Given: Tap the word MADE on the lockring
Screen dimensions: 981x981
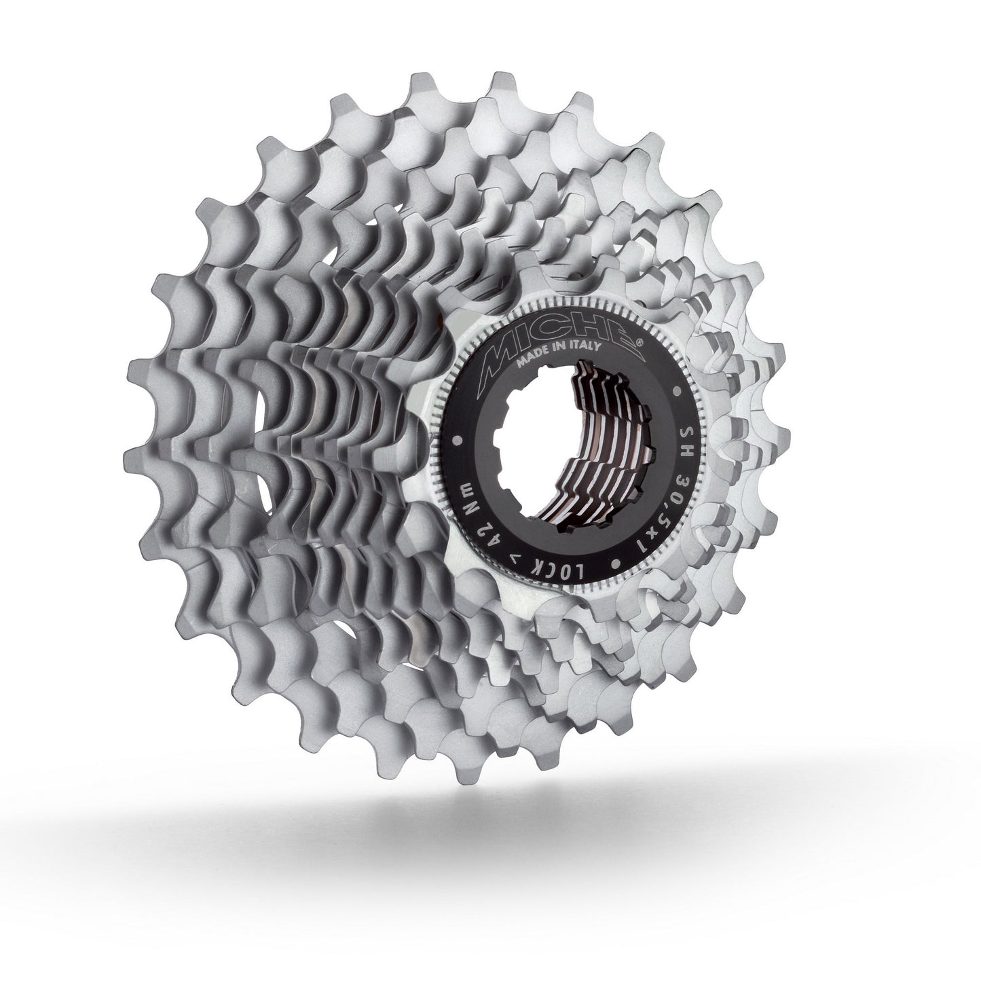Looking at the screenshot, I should pos(534,363).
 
